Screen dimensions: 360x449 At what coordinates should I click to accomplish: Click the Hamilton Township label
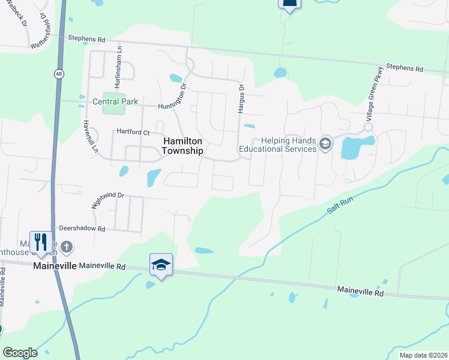[183, 145]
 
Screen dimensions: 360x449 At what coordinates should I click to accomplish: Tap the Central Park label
[115, 101]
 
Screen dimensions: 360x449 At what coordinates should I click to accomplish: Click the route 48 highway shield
[58, 74]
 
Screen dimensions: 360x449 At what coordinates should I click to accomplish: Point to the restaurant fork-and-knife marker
[41, 242]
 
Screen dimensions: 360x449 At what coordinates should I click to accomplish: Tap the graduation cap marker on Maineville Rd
[161, 264]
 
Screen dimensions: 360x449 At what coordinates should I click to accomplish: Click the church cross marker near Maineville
[67, 246]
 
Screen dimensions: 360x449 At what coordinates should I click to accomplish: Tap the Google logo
[20, 353]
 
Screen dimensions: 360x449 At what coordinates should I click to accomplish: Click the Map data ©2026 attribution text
[423, 355]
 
